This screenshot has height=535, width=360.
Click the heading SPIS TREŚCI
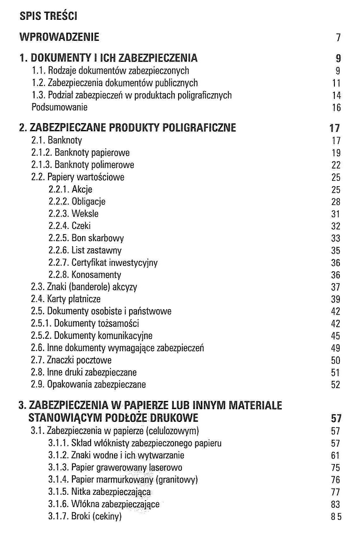tap(48, 16)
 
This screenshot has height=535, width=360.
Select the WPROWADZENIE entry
tap(59, 37)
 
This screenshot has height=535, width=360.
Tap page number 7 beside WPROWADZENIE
tap(338, 38)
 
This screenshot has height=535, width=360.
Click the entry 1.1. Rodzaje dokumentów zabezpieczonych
tap(110, 71)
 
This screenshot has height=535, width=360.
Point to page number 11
tap(336, 83)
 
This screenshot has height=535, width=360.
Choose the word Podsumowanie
tap(59, 107)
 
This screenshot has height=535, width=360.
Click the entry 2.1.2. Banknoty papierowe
tap(80, 153)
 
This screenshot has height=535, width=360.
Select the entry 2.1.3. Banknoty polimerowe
tap(82, 165)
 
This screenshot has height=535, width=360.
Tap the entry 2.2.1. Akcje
tap(70, 189)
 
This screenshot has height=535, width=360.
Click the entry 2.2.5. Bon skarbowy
tap(86, 238)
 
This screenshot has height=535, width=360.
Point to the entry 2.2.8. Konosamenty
tap(85, 275)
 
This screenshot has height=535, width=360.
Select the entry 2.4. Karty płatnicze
tap(66, 299)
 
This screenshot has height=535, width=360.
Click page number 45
tap(335, 336)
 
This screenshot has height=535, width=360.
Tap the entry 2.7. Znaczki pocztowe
tap(71, 360)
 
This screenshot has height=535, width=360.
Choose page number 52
tap(335, 385)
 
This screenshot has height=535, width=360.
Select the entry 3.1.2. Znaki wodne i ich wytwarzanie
tap(116, 455)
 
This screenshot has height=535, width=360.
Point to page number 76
tap(335, 480)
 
